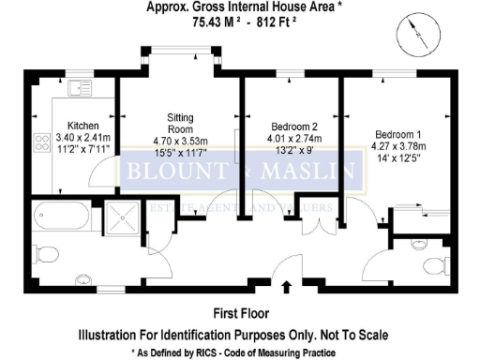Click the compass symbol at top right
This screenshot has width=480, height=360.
(x=412, y=37)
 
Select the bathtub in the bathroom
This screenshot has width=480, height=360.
(x=58, y=220)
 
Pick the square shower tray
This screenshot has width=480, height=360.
(x=122, y=220)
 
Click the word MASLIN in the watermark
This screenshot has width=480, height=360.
(x=309, y=172)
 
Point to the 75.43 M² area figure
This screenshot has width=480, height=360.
(x=215, y=21)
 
